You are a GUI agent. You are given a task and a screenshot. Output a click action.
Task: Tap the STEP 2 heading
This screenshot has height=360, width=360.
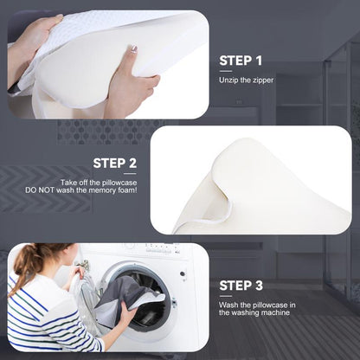click(114, 163)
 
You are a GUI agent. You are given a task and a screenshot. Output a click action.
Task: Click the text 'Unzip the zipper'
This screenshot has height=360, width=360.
click(245, 80)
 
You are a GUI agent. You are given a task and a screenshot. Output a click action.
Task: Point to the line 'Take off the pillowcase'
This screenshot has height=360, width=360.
click(98, 183)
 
